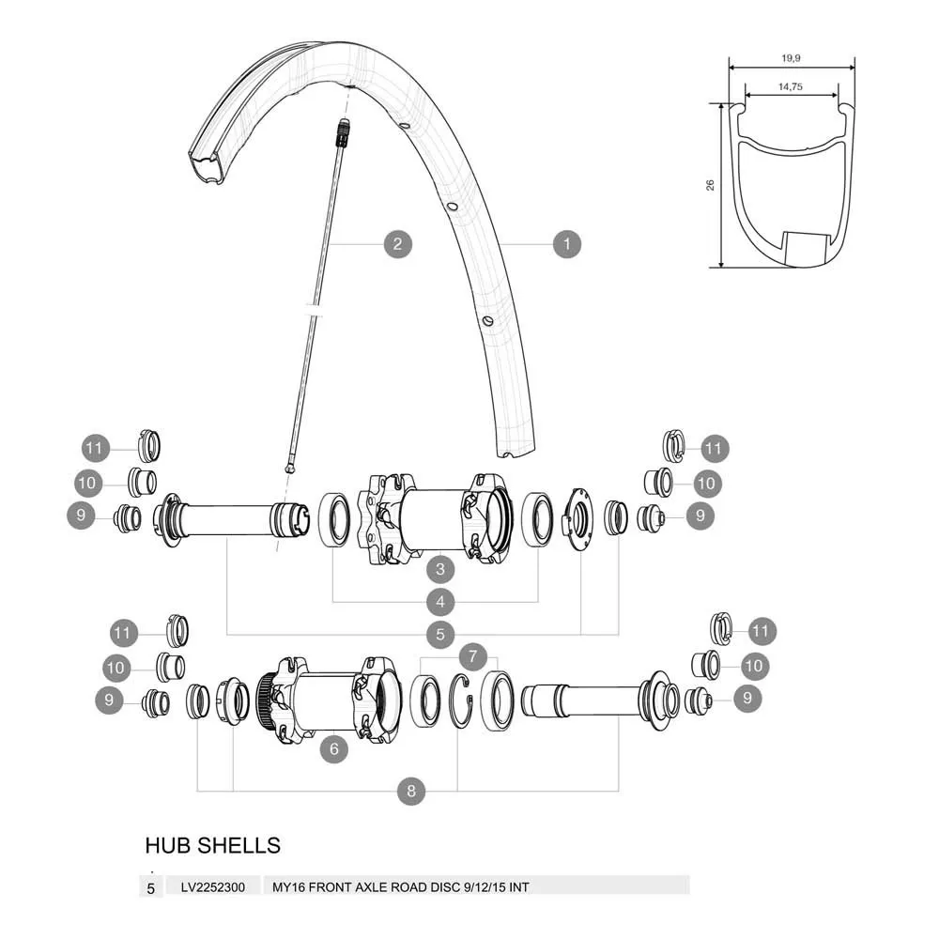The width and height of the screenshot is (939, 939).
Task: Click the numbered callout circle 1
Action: (566, 244)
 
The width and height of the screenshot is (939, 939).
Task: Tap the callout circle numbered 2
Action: (397, 244)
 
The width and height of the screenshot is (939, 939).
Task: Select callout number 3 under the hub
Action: (440, 569)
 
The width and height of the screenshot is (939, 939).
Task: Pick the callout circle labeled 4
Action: (440, 601)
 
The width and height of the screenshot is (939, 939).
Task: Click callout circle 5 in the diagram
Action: (440, 634)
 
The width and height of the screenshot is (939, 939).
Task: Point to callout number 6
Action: (334, 748)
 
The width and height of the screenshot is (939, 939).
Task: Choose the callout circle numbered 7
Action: (473, 656)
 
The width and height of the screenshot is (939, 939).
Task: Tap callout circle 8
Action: (411, 791)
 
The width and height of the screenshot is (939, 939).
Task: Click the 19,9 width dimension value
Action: (791, 58)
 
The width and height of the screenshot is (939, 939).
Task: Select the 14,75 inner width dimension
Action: (791, 86)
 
